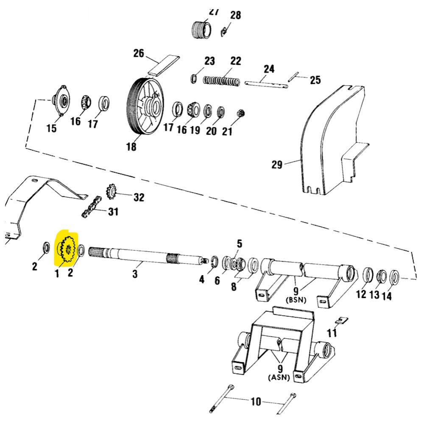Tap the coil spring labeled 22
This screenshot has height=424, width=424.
[x=221, y=81]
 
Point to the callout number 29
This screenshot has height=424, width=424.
[x=277, y=165]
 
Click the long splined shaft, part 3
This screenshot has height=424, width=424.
[x=146, y=255]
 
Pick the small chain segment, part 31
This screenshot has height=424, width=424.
[x=91, y=207]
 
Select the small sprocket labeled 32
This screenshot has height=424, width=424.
[x=111, y=191]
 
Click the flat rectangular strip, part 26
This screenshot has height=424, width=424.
[x=164, y=65]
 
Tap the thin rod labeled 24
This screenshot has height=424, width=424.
[x=266, y=84]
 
